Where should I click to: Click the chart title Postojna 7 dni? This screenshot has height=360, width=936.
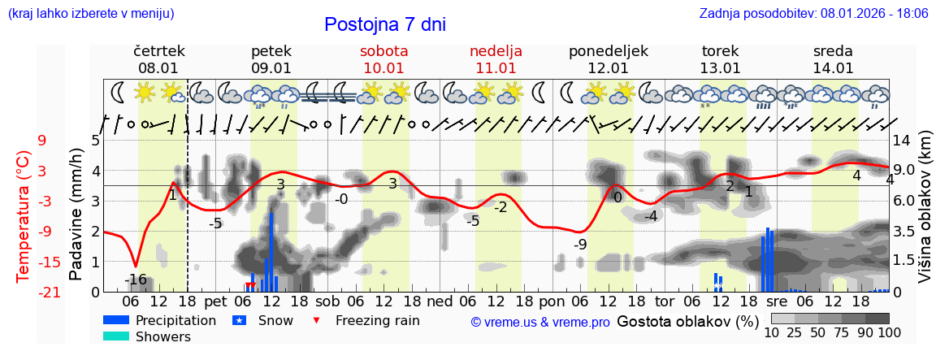(x=384, y=24)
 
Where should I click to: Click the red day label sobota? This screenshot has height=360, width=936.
(x=384, y=51)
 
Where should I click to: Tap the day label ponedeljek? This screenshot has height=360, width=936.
(x=608, y=51)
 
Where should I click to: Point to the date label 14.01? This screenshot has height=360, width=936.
(x=833, y=68)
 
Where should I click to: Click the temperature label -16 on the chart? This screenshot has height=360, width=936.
(x=136, y=280)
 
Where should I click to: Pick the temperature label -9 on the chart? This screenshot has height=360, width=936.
(x=579, y=245)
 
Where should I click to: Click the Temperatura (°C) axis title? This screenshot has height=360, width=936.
(x=23, y=215)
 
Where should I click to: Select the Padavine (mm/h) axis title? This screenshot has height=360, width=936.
(x=76, y=215)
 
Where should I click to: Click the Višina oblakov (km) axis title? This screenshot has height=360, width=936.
(x=925, y=215)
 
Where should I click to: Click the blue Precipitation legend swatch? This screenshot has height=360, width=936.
(x=115, y=320)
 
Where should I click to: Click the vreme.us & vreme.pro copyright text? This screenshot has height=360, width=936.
(x=540, y=322)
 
